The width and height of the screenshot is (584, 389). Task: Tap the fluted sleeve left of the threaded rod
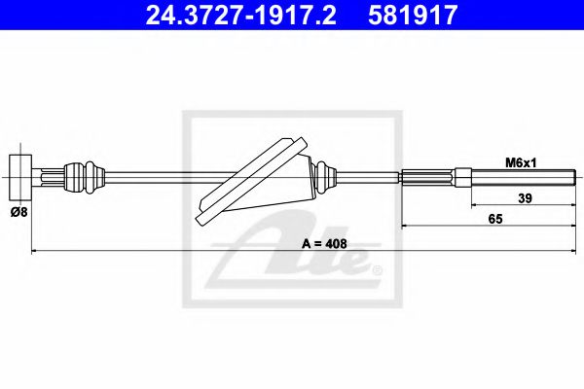(x=428, y=177)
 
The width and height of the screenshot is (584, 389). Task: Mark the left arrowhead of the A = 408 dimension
(x=37, y=252)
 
